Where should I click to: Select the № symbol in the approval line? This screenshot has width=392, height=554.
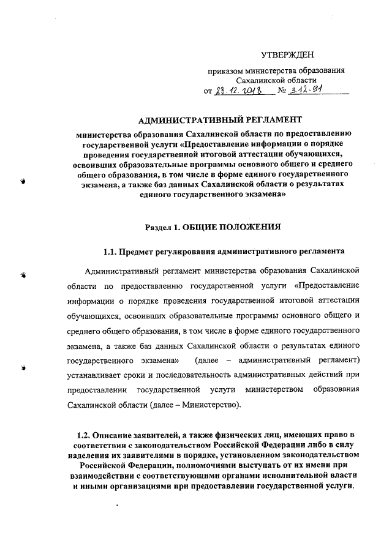click(x=282, y=91)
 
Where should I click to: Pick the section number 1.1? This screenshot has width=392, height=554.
click(x=110, y=252)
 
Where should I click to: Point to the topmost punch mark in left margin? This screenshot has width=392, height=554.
click(x=22, y=182)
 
